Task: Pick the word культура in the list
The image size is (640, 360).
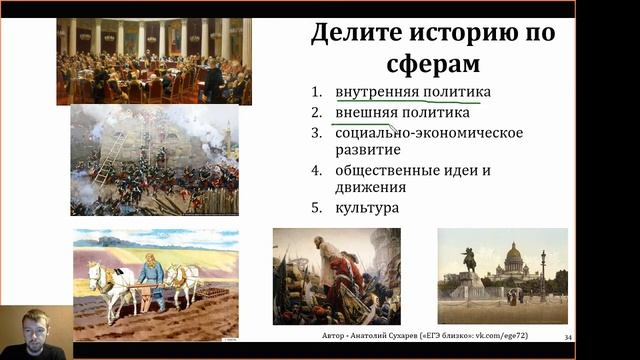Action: [x=367, y=208]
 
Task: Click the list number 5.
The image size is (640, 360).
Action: [x=316, y=208]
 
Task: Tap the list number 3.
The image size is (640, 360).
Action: [x=316, y=132]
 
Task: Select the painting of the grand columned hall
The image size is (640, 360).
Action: [x=154, y=60]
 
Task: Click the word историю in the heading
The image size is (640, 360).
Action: [x=456, y=33]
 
